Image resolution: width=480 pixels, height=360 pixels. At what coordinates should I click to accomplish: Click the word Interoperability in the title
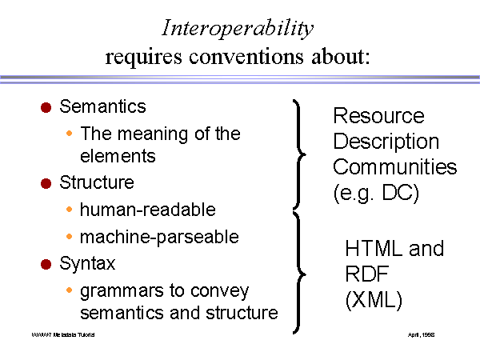click(237, 29)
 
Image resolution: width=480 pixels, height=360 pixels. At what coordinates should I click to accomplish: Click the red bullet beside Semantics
click(46, 106)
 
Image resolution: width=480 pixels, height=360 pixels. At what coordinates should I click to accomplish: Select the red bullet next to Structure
click(46, 183)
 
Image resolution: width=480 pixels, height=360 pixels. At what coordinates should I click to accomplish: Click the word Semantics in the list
click(102, 106)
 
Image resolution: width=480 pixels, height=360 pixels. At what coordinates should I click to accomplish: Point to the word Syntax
click(87, 262)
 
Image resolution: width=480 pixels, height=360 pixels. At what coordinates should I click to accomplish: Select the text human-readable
click(148, 210)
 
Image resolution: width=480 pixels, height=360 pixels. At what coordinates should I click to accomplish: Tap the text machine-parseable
click(160, 237)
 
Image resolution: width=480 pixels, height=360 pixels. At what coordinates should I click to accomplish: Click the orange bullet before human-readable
click(70, 210)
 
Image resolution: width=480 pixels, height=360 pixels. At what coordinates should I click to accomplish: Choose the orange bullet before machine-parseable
click(70, 237)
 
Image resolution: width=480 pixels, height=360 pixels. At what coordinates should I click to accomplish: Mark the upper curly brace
click(300, 152)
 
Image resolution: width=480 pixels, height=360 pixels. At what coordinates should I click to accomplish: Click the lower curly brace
click(300, 272)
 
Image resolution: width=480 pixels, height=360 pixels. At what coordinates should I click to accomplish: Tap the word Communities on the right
click(394, 167)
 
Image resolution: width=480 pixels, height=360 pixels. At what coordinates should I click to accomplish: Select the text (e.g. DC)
click(374, 192)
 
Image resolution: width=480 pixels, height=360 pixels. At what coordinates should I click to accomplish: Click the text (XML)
click(374, 300)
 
